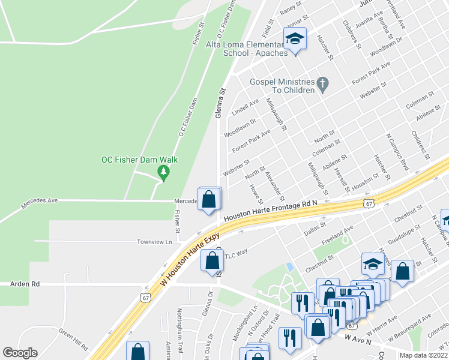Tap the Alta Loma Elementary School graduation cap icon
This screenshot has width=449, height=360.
(295, 40)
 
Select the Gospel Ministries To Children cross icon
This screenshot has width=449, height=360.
(322, 85)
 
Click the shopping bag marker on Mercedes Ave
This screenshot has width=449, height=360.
(208, 199)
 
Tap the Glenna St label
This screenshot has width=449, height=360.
(221, 102)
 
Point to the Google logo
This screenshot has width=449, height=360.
(20, 353)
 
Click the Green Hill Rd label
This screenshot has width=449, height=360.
(73, 339)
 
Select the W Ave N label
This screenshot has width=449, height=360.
(358, 340)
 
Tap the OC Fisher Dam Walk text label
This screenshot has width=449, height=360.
(139, 160)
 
